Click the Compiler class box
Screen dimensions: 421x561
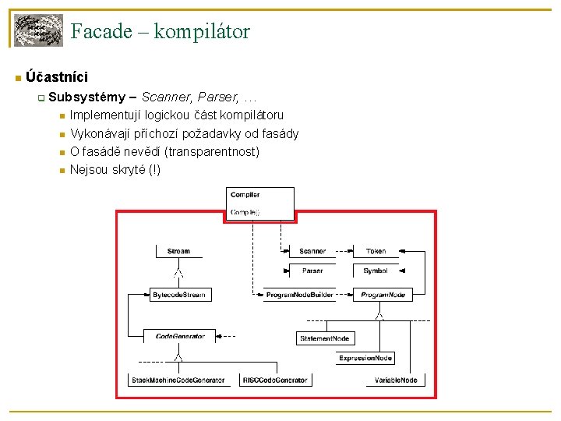click(x=261, y=203)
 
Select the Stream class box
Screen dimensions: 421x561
click(x=178, y=252)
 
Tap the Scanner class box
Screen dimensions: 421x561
click(x=312, y=252)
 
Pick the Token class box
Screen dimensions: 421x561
click(x=376, y=252)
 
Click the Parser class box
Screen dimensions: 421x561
click(x=312, y=271)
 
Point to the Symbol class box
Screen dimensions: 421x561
click(x=376, y=271)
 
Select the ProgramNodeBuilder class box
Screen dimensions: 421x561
click(x=300, y=295)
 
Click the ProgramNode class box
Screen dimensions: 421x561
click(x=383, y=295)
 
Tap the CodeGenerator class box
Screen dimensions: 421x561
click(x=179, y=336)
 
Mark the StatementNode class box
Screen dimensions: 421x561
click(x=326, y=338)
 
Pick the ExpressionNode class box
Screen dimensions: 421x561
click(x=365, y=358)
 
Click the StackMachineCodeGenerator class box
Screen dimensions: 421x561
click(x=178, y=380)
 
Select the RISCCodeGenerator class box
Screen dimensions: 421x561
click(x=274, y=380)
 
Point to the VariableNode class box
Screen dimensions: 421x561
click(x=396, y=380)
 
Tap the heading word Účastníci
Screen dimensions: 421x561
click(x=56, y=77)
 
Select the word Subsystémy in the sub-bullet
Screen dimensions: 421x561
click(x=86, y=97)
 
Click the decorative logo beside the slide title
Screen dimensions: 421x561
click(x=39, y=30)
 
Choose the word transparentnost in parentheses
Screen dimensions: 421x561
click(x=213, y=151)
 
